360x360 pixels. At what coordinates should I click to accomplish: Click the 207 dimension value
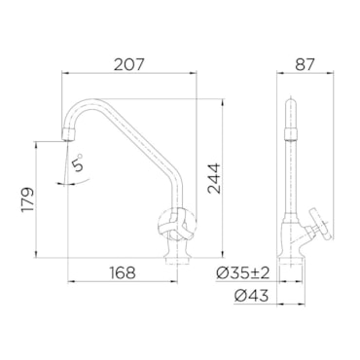pos(128,64)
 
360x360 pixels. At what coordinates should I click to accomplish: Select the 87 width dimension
pos(305,64)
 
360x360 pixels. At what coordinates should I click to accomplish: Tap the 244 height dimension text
pos(214,179)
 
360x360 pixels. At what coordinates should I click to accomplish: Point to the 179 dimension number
pos(27,199)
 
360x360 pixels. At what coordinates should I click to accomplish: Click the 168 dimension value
pos(123,272)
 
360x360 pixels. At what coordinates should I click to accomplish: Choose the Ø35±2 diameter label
pos(243,273)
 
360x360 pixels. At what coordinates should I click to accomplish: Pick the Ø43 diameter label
pos(252,296)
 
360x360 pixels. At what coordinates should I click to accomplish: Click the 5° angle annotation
pos(78,162)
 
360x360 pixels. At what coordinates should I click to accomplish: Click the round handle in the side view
pos(322,224)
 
